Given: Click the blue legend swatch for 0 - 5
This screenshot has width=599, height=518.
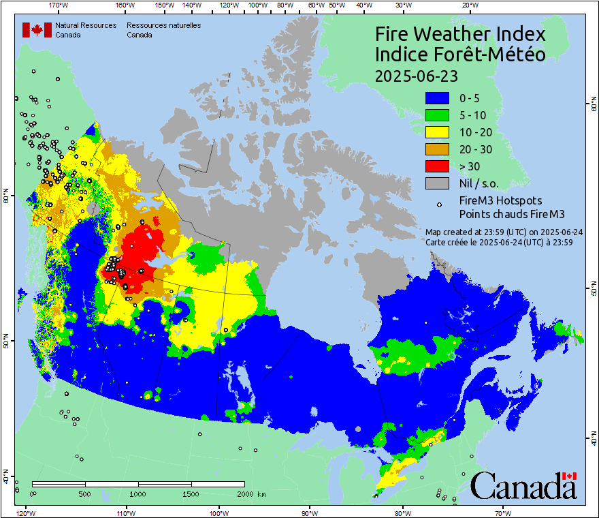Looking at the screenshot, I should click(x=437, y=99).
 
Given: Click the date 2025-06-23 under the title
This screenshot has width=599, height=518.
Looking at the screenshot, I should click(x=416, y=76).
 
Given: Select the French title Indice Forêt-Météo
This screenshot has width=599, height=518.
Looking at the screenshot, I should click(x=460, y=55).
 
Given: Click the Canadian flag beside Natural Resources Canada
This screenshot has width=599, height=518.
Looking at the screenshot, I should click(x=37, y=30).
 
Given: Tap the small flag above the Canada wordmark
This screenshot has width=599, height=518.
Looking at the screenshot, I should click(x=570, y=476).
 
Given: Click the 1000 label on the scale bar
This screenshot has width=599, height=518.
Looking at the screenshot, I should click(x=138, y=494).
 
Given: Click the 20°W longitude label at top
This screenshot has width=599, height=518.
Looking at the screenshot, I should click(x=468, y=5).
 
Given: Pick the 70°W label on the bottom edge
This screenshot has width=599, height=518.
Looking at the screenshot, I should click(x=503, y=513).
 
